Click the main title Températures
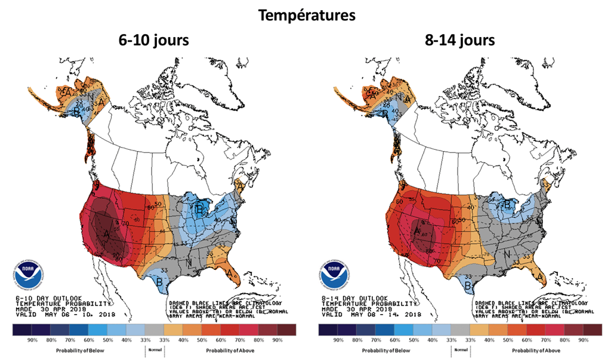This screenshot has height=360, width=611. pos(305,15)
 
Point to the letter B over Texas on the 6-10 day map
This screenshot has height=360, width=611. pos(159,281)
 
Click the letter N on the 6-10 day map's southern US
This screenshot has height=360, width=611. pos(189,263)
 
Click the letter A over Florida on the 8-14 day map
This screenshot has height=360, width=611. pos(541,277)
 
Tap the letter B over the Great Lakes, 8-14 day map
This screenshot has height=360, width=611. pos(508,205)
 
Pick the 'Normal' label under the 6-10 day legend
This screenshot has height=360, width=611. pos(154,349)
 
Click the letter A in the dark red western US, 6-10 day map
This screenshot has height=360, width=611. pos(106,235)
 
